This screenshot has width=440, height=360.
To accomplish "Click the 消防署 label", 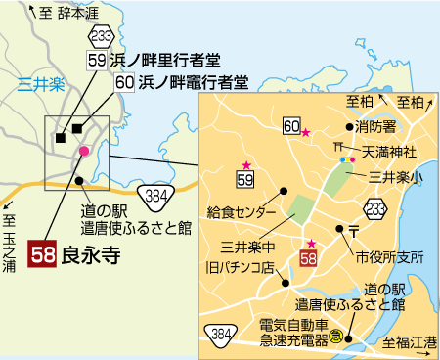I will [381, 127].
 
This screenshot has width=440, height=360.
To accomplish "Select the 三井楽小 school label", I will [396, 177].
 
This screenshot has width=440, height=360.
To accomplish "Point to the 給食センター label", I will [242, 209].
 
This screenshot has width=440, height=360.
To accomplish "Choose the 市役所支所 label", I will [390, 258].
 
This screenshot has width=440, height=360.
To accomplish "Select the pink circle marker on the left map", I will [84, 151].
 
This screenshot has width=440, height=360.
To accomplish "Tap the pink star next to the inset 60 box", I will [306, 132].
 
